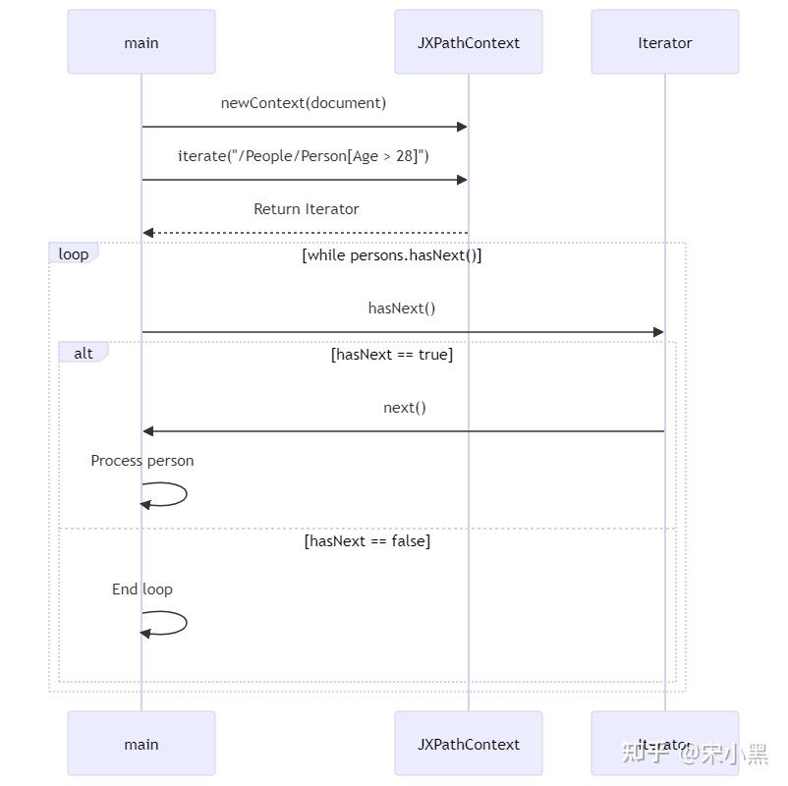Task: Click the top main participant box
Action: pyautogui.click(x=141, y=42)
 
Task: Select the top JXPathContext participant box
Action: pyautogui.click(x=469, y=42)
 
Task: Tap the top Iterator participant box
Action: pyautogui.click(x=665, y=42)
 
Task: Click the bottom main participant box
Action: pyautogui.click(x=141, y=744)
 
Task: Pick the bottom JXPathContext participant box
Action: pyautogui.click(x=469, y=744)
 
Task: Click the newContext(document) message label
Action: pyautogui.click(x=304, y=103)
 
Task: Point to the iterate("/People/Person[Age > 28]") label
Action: pyautogui.click(x=304, y=156)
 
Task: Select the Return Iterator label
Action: pyautogui.click(x=306, y=209)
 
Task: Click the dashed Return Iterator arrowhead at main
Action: pyautogui.click(x=148, y=233)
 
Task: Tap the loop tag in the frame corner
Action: pyautogui.click(x=74, y=254)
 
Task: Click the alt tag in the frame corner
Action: pyautogui.click(x=84, y=353)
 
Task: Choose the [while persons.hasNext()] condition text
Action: pyautogui.click(x=392, y=255)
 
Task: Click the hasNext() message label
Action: pyautogui.click(x=402, y=309)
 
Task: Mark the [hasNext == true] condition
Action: pyautogui.click(x=392, y=355)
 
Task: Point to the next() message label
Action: pyautogui.click(x=405, y=408)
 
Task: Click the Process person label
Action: pyautogui.click(x=142, y=461)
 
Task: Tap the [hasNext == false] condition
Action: pyautogui.click(x=367, y=541)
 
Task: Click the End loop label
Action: pyautogui.click(x=142, y=589)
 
